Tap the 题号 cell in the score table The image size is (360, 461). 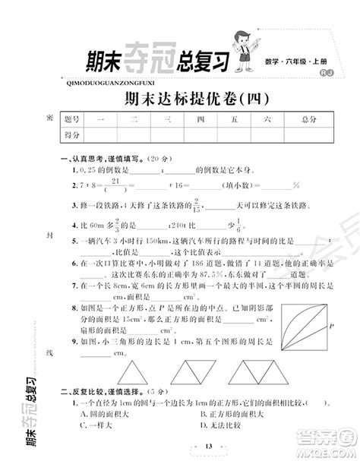pyautogui.click(x=72, y=119)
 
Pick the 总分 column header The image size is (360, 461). pyautogui.click(x=308, y=119)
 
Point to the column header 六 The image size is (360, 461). pyautogui.click(x=267, y=119)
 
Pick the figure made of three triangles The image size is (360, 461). pyautogui.click(x=262, y=371)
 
